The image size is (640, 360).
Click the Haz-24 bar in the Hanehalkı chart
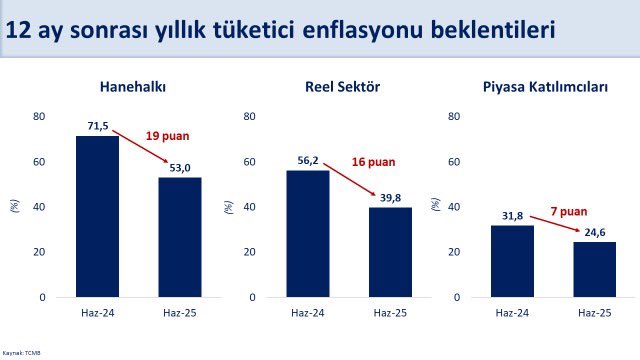point(97,216)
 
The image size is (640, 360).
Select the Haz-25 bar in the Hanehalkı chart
point(180,237)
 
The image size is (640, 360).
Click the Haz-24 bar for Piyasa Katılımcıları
point(512,261)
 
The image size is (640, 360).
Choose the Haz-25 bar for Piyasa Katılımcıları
point(594,269)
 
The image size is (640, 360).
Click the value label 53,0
point(181,168)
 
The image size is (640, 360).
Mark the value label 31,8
point(511,217)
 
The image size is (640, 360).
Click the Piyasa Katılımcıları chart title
point(553,87)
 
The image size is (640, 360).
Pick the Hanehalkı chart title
point(133,87)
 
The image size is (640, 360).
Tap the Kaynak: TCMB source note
point(21,353)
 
